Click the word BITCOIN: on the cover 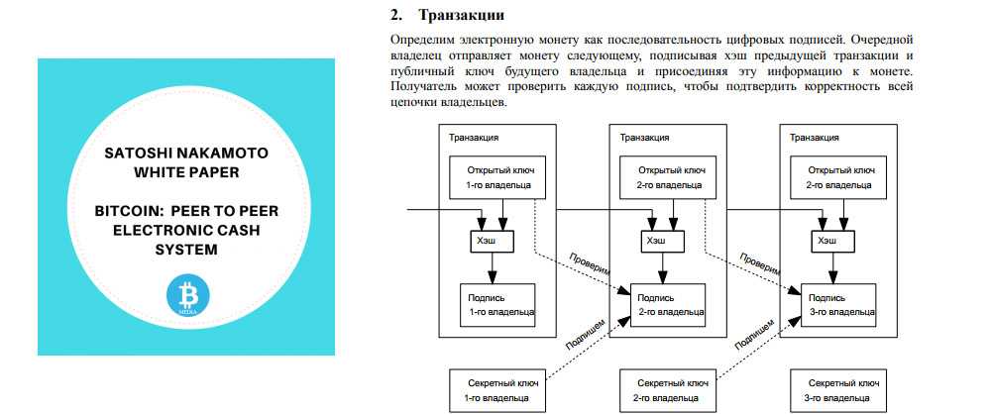(126, 212)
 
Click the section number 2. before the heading (398, 15)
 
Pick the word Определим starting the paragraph (422, 39)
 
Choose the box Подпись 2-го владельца (670, 304)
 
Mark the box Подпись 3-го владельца (841, 304)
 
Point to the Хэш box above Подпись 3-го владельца (826, 240)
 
